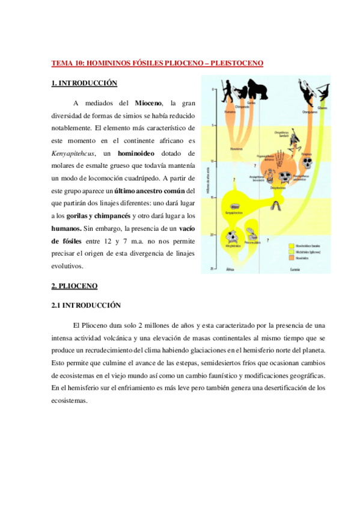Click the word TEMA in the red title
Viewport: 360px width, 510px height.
[x=61, y=63]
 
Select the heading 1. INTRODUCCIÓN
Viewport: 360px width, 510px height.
[x=84, y=83]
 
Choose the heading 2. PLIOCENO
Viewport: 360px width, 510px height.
[x=75, y=284]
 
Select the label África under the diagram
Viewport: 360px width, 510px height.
[x=228, y=269]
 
